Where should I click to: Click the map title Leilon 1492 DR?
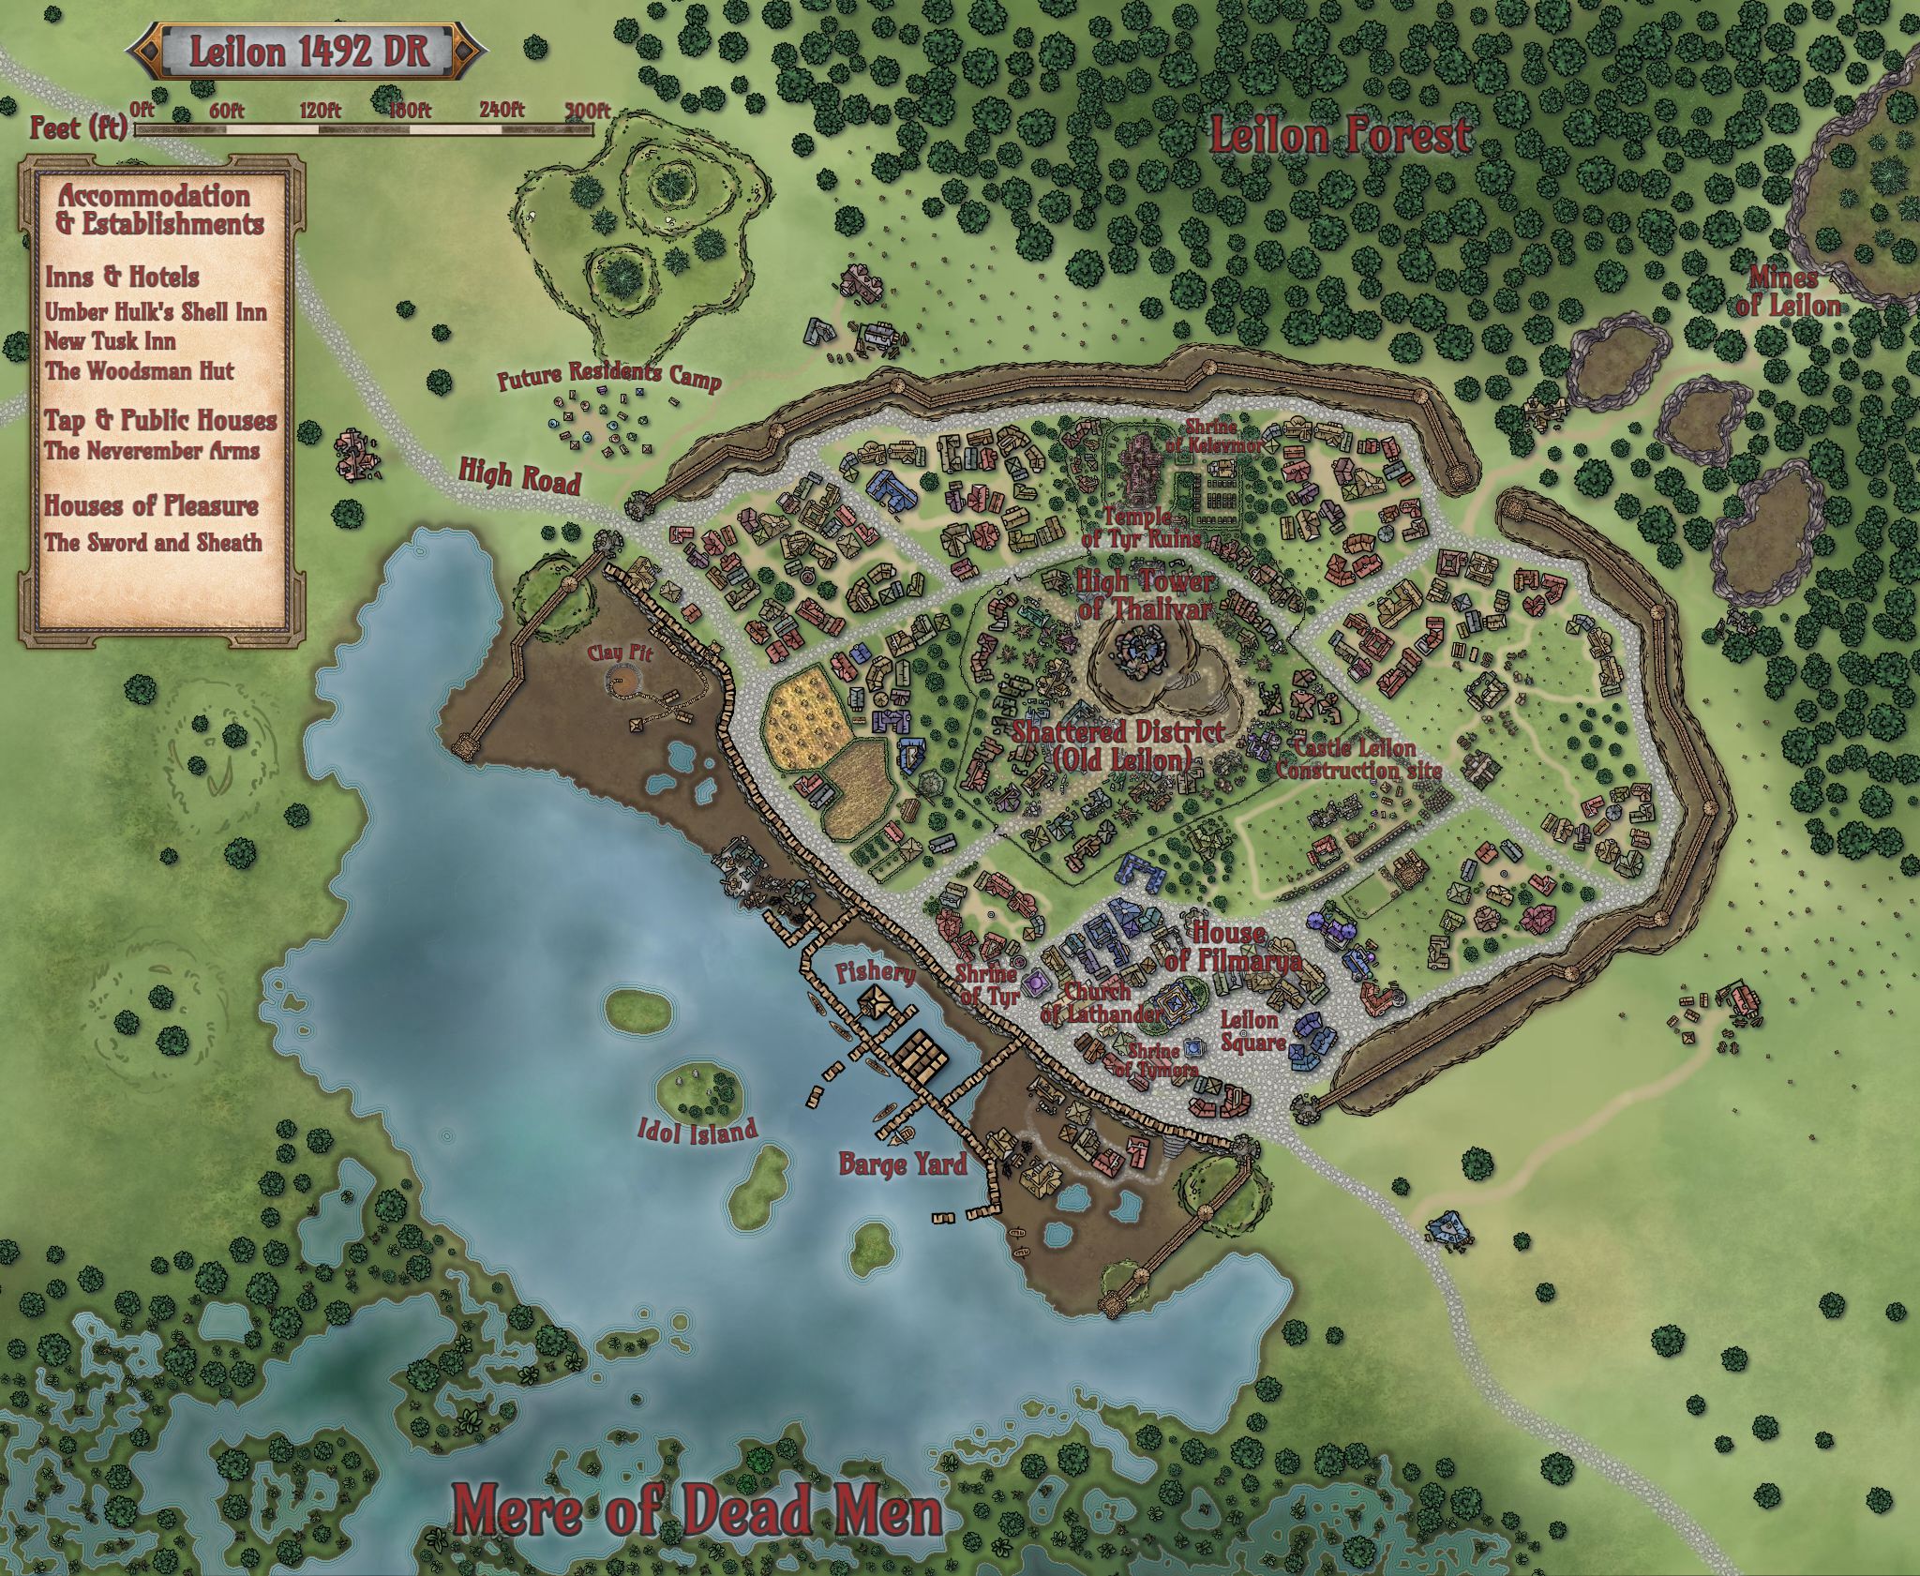[x=308, y=52]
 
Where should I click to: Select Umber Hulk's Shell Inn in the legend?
[x=156, y=311]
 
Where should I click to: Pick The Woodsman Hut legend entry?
[x=140, y=371]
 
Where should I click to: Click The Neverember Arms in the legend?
[x=152, y=451]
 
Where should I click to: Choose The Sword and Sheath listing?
[x=154, y=543]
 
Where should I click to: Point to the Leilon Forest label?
[x=1340, y=137]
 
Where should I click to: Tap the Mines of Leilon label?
[x=1787, y=292]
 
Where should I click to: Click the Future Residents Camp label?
[x=609, y=376]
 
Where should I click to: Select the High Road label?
[x=519, y=475]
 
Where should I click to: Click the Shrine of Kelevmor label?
[x=1213, y=438]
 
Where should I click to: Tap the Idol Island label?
[x=697, y=1132]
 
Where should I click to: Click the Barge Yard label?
[x=902, y=1165]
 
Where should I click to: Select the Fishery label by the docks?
[x=876, y=972]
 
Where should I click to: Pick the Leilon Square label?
[x=1252, y=1030]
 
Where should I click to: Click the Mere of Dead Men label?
[x=697, y=1509]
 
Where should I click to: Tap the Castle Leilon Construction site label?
[x=1357, y=759]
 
